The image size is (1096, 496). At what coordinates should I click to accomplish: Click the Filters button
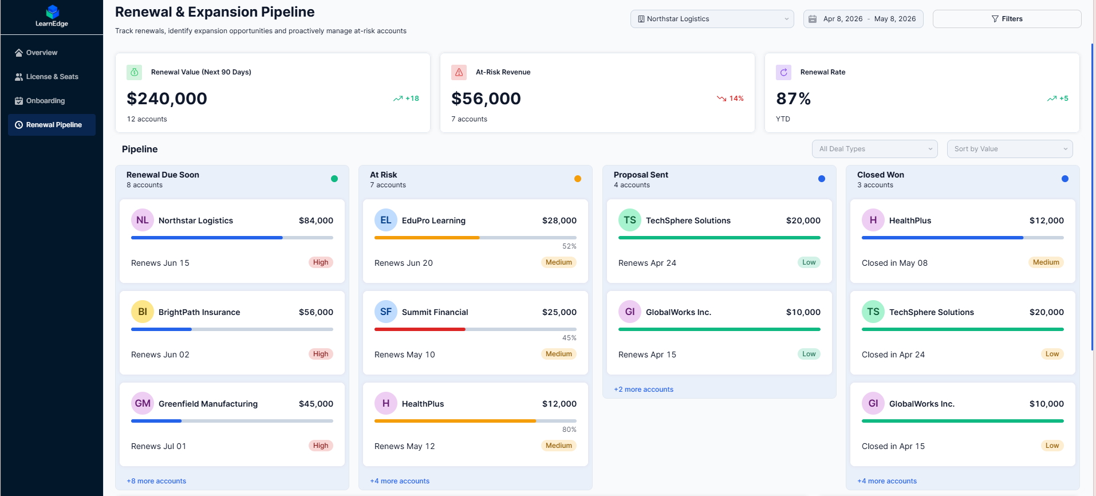(x=1007, y=19)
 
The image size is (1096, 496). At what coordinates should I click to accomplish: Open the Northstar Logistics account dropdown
(x=712, y=19)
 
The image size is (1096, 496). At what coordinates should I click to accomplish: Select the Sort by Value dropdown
(x=1010, y=149)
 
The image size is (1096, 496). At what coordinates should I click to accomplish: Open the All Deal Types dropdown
(x=874, y=149)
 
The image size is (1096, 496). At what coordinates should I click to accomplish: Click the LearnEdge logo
(x=52, y=15)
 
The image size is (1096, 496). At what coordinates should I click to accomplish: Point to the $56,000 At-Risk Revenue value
(x=486, y=99)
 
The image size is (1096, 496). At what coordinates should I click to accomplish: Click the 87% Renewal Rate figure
(x=793, y=99)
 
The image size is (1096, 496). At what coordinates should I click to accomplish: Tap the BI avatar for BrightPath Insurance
(x=143, y=312)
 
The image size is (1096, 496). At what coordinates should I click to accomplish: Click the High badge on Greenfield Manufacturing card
(x=321, y=446)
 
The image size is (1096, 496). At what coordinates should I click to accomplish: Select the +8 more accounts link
(x=156, y=481)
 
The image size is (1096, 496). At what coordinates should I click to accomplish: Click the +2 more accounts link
(x=644, y=389)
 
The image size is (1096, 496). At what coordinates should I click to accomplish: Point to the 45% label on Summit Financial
(x=569, y=338)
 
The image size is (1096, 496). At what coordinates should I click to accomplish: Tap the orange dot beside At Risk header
(x=578, y=179)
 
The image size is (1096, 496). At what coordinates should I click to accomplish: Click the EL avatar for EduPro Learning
(x=386, y=220)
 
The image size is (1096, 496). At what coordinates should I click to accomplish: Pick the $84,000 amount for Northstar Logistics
(x=316, y=221)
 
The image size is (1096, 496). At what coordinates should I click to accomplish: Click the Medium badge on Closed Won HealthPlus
(x=1046, y=262)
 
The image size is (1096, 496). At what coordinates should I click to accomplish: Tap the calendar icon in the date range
(x=813, y=19)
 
